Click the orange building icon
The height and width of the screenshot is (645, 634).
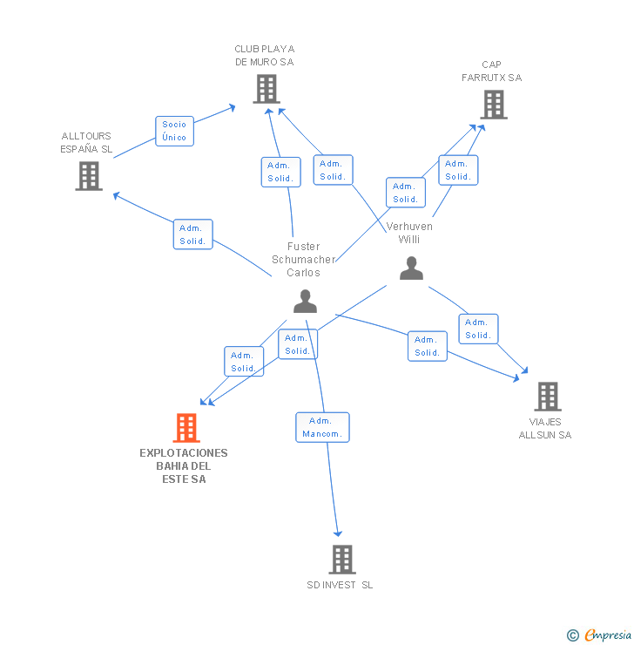186,428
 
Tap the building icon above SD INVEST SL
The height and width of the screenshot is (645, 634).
342,560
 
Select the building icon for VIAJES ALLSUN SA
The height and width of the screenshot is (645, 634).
547,397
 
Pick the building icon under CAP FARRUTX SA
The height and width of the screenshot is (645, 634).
493,105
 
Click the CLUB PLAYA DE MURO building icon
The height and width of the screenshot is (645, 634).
266,88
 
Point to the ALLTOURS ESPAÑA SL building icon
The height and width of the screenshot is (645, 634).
89,176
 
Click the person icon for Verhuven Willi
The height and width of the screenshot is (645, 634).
411,268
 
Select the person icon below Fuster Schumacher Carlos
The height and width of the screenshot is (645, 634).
305,301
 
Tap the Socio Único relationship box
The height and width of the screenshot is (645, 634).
174,131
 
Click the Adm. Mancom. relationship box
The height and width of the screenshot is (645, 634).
322,427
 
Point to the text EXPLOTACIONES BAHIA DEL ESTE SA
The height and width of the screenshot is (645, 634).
184,466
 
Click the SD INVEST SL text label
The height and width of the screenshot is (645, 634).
340,585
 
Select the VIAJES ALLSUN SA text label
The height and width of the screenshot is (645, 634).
545,428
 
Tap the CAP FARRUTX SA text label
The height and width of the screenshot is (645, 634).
491,71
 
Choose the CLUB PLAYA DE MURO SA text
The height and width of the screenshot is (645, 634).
265,56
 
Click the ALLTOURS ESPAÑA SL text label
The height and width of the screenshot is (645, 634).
86,142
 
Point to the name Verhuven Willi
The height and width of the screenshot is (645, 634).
409,233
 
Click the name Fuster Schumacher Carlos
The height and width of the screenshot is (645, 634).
303,260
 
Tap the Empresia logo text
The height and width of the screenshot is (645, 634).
608,635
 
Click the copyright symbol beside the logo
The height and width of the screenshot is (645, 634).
573,635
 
